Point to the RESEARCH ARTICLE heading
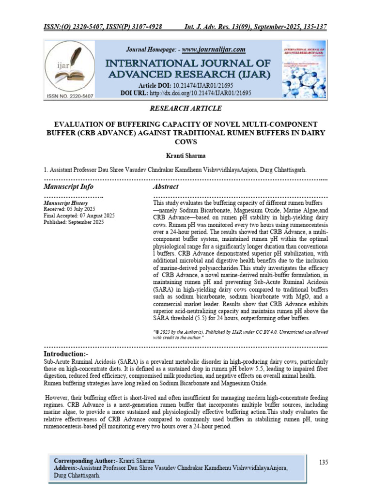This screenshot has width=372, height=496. click(186, 108)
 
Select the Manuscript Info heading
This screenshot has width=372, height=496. click(68, 186)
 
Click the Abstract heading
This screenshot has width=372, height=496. click(165, 186)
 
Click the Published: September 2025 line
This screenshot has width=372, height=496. click(74, 222)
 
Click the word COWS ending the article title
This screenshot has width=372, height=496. click(186, 142)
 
